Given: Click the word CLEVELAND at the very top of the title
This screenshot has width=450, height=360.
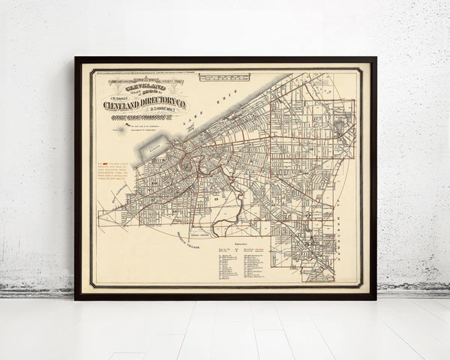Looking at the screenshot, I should (145, 87).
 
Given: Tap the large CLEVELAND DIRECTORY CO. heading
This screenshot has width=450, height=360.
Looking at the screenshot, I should (145, 104).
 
